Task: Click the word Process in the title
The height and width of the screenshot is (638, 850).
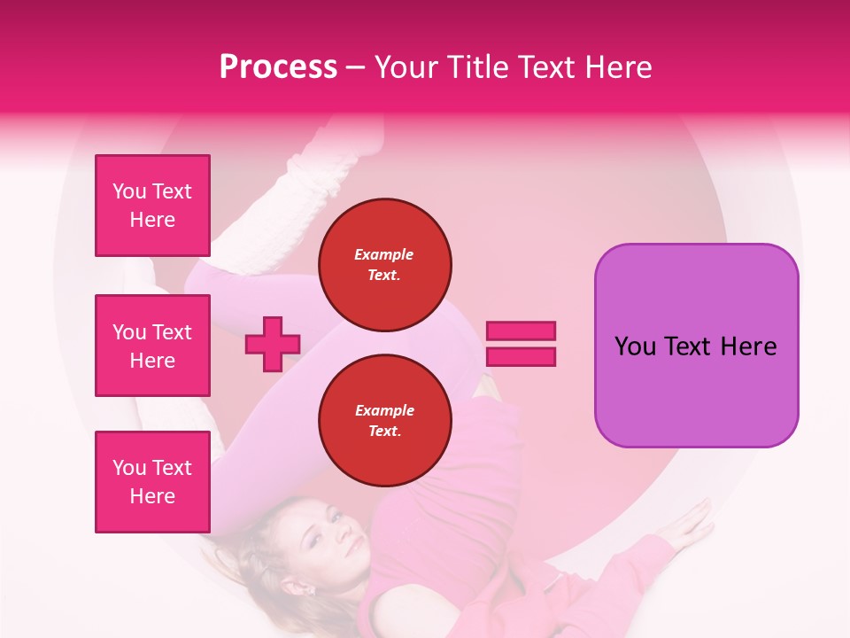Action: (x=278, y=67)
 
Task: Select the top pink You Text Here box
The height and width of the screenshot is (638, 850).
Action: (x=152, y=206)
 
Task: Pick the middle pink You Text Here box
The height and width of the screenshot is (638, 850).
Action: (x=152, y=346)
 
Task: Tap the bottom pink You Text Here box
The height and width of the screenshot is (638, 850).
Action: (x=152, y=481)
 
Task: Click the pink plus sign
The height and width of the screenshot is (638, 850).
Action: (x=273, y=345)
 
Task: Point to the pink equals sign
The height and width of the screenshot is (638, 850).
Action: (x=521, y=344)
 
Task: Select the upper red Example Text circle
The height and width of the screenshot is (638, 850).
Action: (x=384, y=265)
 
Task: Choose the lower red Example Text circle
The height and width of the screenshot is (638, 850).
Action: (x=384, y=421)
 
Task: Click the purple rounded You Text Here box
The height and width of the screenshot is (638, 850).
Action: (x=696, y=346)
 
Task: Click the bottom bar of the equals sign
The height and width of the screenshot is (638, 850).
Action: (x=521, y=356)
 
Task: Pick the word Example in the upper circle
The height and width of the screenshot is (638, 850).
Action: (x=384, y=254)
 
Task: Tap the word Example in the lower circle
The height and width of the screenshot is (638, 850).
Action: (x=384, y=410)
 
